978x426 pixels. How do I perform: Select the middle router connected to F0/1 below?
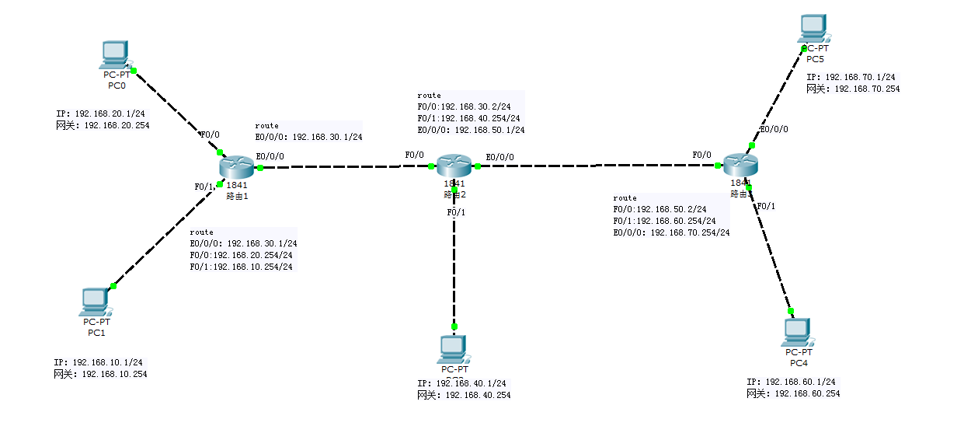(x=454, y=165)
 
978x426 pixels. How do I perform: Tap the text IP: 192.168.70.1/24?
(x=851, y=78)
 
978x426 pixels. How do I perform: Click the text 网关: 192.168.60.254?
(x=793, y=393)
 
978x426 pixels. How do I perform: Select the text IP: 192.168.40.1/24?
(x=461, y=383)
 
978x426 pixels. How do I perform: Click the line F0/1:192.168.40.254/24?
(x=468, y=118)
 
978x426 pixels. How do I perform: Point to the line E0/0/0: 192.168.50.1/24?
(x=471, y=130)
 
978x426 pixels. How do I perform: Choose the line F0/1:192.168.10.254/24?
(x=241, y=267)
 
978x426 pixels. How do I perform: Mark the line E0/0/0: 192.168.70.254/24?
(x=671, y=232)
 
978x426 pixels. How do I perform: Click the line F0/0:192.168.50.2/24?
(x=660, y=209)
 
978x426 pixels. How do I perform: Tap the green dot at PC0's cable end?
(x=134, y=71)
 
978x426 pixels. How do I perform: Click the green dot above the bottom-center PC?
(x=454, y=326)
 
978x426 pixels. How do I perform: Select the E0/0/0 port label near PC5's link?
(x=774, y=130)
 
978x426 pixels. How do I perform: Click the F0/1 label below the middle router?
(x=456, y=212)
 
